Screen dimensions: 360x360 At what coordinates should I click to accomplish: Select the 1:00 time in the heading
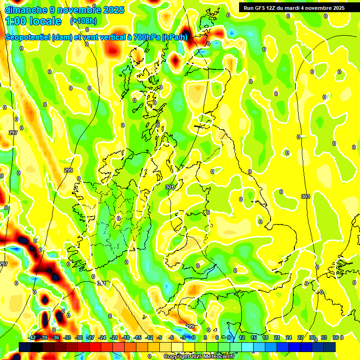[15, 21]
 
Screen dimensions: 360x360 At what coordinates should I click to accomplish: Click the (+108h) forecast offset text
[83, 21]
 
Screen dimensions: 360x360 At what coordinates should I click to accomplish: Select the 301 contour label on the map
[170, 187]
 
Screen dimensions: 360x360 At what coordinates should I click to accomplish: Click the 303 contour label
[306, 196]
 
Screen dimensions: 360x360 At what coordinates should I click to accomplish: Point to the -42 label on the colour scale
[32, 337]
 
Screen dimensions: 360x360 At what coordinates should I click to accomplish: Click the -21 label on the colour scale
[114, 337]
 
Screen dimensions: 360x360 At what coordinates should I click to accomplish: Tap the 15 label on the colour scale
[254, 337]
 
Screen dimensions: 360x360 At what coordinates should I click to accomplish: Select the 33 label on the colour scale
[324, 337]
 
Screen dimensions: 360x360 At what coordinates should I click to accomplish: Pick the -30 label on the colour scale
[79, 337]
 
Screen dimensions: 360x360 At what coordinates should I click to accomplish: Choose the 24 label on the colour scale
[289, 337]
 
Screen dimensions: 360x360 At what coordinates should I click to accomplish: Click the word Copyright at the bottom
[177, 357]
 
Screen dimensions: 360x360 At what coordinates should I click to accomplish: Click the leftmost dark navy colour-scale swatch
[25, 347]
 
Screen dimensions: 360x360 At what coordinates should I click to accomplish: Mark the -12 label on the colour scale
[149, 337]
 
